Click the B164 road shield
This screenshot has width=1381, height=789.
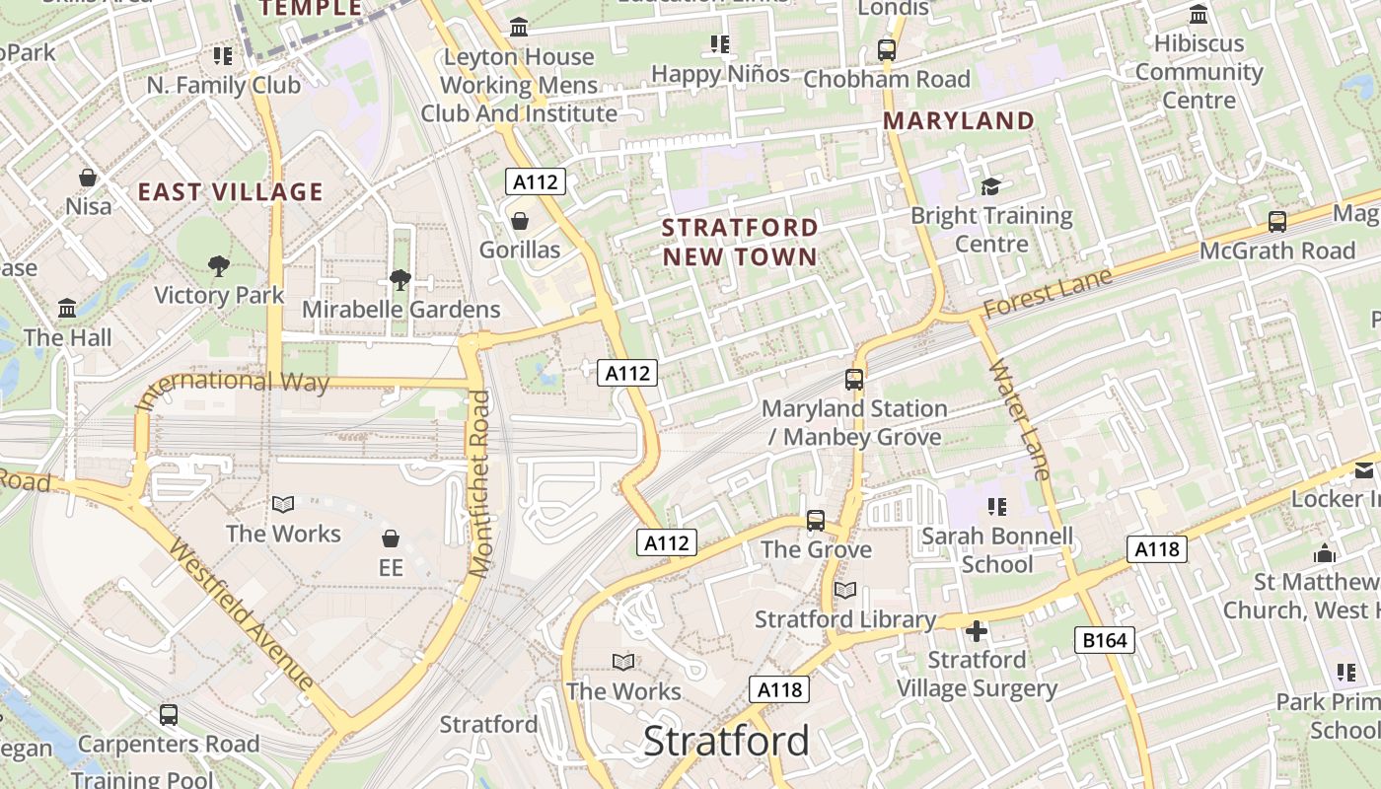tap(1104, 640)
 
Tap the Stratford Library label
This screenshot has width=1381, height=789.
tap(845, 619)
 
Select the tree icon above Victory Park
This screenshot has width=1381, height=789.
tap(218, 265)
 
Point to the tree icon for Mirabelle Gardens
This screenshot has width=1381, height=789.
tap(400, 280)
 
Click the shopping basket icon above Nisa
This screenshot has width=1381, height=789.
tap(88, 178)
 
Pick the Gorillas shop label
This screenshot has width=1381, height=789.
tap(520, 250)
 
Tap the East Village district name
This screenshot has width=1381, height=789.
tap(230, 191)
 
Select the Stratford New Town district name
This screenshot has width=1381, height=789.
tap(740, 242)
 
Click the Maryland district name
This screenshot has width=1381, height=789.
tap(958, 121)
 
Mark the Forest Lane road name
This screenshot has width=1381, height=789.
tap(1048, 293)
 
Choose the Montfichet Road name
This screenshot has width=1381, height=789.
tap(479, 483)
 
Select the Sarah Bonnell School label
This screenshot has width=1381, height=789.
tap(996, 550)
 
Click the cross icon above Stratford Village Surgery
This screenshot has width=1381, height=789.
tap(977, 631)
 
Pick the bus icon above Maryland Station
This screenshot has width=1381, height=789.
tap(854, 379)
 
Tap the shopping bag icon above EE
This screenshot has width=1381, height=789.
tap(391, 538)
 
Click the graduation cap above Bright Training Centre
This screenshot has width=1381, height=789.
tap(990, 186)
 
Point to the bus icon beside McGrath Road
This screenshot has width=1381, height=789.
tap(1277, 221)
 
